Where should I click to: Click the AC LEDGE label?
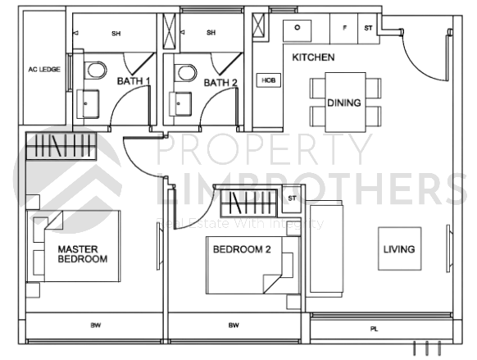[x=43, y=70]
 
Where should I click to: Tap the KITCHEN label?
[x=313, y=57]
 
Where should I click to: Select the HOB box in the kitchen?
[x=268, y=80]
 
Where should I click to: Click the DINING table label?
[x=343, y=103]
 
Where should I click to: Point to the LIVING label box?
[x=400, y=249]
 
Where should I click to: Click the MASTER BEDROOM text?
[x=82, y=253]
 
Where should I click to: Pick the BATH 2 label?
[x=220, y=82]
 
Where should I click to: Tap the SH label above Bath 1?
[x=116, y=33]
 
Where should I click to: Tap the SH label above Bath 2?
[x=211, y=33]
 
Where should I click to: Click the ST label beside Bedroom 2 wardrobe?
[x=292, y=198]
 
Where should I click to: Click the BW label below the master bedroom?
[x=95, y=326]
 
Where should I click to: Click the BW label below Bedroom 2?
[x=234, y=326]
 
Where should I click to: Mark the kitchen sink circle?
[x=296, y=25]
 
